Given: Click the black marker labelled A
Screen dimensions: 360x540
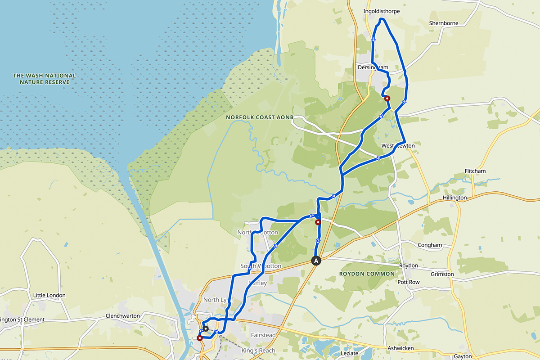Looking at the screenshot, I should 316,261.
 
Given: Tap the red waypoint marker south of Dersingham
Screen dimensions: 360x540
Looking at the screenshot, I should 387,98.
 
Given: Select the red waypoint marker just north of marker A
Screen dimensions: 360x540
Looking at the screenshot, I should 318,222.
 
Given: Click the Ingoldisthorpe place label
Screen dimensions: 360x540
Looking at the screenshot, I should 381,11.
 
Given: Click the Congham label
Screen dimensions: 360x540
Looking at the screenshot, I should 430,245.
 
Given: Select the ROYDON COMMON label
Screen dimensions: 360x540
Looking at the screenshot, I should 367,274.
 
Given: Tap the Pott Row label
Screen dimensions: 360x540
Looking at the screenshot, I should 408,282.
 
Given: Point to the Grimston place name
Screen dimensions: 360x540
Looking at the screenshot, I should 442,274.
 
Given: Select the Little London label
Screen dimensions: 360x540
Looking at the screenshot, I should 49,295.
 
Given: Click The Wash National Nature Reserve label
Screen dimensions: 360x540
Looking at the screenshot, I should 45,79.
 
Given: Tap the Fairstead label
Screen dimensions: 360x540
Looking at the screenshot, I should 263,335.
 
